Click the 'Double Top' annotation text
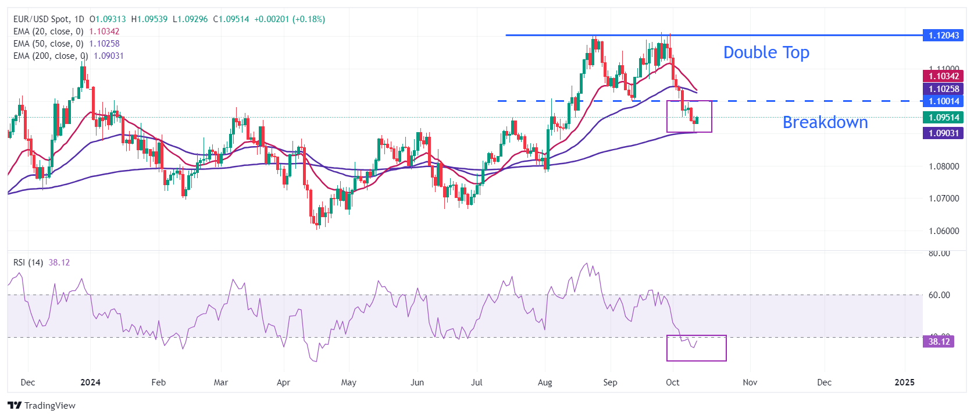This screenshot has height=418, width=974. click(766, 52)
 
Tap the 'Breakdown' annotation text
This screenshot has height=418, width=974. click(825, 122)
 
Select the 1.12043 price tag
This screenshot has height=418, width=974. click(943, 36)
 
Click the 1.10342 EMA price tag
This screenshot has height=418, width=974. click(943, 76)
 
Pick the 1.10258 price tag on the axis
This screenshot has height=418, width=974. click(943, 89)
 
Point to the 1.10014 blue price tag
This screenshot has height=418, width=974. click(943, 101)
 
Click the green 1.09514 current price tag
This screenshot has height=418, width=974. click(943, 118)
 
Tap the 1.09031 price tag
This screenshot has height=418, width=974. click(943, 133)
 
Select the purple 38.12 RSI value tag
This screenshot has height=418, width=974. click(939, 342)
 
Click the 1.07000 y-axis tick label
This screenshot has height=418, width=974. click(943, 199)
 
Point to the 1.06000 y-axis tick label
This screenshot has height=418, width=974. click(943, 231)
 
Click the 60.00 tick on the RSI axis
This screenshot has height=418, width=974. click(939, 295)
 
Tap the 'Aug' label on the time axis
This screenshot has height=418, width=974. click(545, 382)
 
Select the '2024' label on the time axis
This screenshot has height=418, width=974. click(90, 382)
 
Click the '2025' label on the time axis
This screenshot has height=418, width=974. click(904, 382)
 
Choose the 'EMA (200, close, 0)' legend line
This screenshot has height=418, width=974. click(51, 56)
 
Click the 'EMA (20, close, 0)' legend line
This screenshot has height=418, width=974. click(48, 31)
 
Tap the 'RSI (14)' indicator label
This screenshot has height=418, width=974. click(28, 263)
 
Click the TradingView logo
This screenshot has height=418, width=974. click(41, 406)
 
